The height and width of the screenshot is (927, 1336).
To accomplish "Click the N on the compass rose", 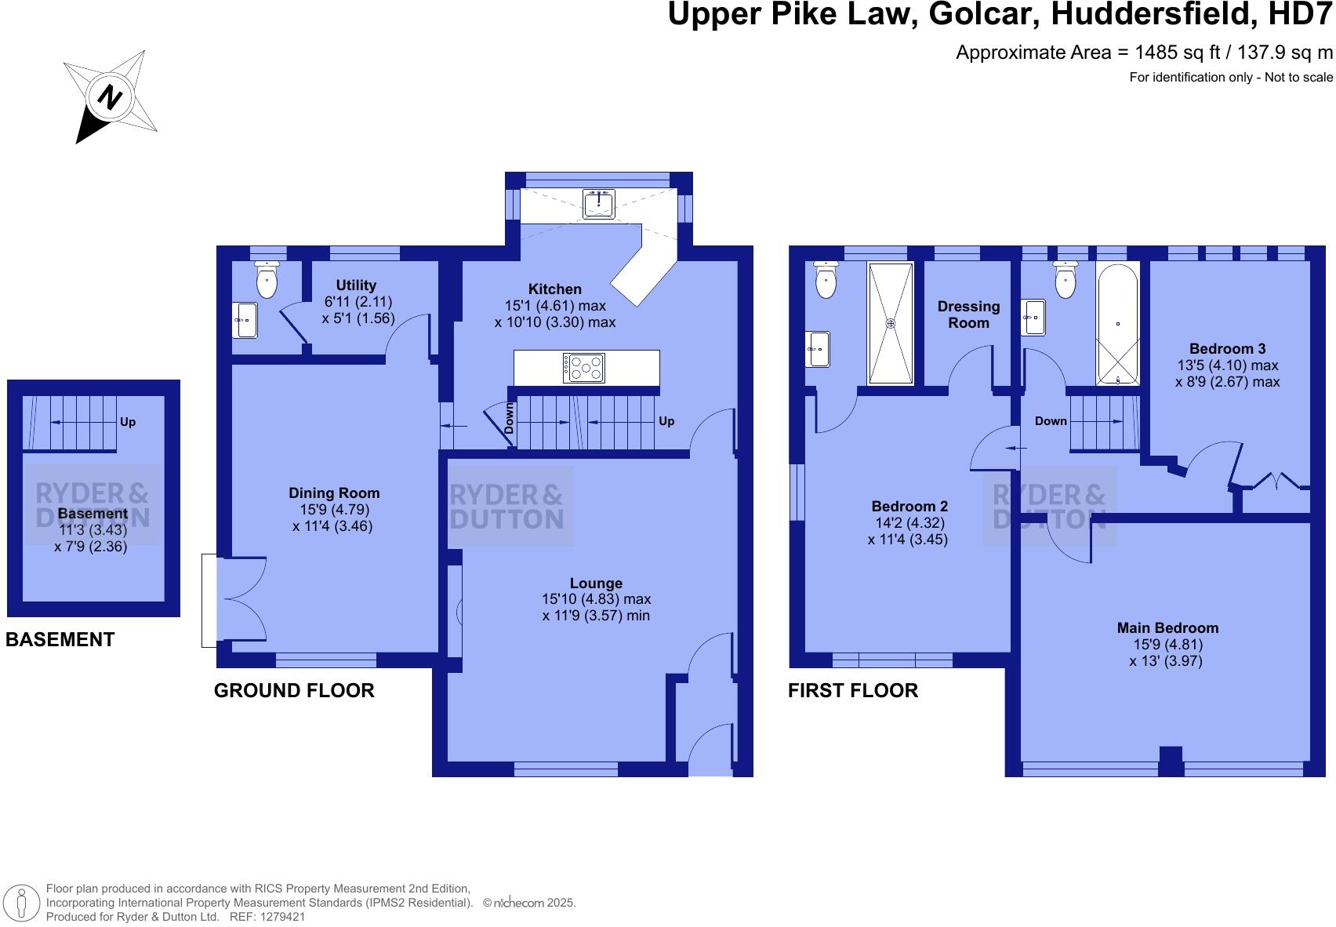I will tap(110, 98).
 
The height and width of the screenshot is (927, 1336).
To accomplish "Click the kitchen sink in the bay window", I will tap(598, 204).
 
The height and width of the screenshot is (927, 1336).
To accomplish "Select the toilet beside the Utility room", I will tap(267, 281).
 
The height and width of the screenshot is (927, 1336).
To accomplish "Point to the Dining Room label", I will tap(334, 493).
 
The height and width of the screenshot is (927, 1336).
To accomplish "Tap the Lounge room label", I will tap(596, 583).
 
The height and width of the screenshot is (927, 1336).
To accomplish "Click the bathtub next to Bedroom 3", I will tap(1117, 324).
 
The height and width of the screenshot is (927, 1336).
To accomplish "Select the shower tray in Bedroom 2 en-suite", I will tap(890, 323).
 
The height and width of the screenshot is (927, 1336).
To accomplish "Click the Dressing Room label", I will tap(968, 314).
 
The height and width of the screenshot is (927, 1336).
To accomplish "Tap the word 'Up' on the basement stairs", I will tap(128, 422).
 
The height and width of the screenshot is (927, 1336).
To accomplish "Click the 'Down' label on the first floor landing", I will tap(1051, 421).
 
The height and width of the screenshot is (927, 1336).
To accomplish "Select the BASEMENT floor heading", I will tap(60, 640).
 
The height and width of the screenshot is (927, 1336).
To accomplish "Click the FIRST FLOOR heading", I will tap(852, 691).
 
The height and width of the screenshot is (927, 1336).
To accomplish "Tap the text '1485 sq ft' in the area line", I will tap(1167, 53).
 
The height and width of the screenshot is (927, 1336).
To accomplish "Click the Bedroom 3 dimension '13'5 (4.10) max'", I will tap(1227, 365).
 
